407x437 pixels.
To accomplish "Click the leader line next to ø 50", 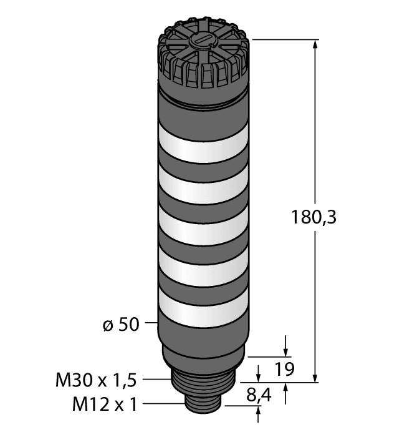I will click(x=150, y=323).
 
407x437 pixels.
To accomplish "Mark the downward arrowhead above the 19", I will click(x=286, y=351).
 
